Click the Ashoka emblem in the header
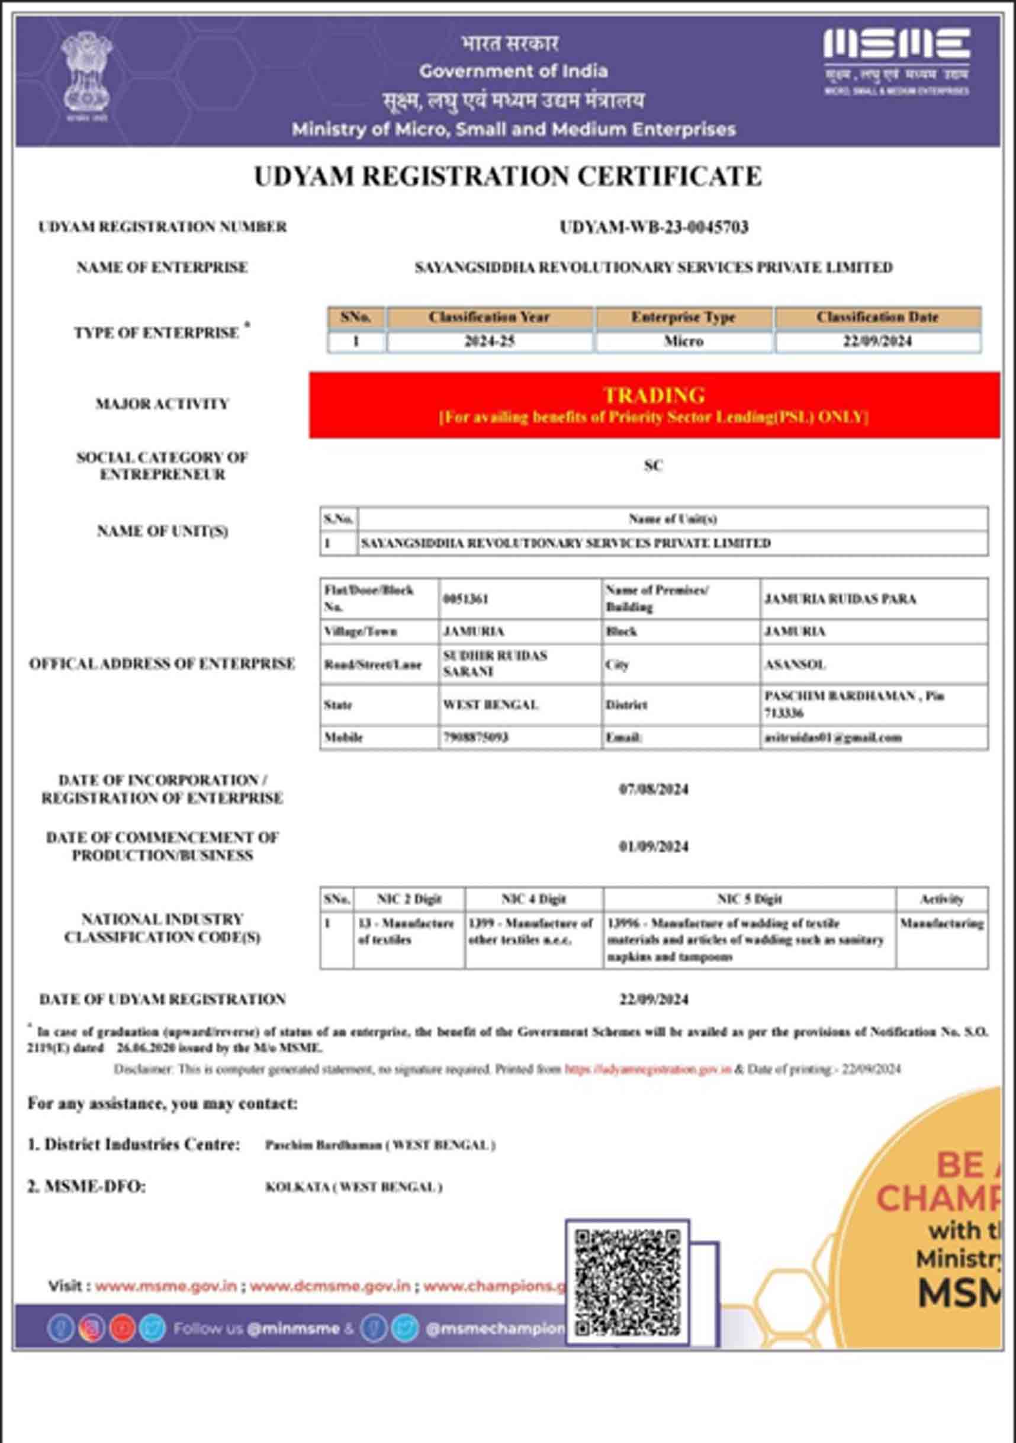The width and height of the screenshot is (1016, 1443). [86, 75]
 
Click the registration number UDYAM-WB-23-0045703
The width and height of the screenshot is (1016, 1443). [654, 227]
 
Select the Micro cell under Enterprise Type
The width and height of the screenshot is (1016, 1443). [684, 341]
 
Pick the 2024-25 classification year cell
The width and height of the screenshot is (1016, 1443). [490, 341]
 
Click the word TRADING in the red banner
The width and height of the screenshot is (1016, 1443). [654, 395]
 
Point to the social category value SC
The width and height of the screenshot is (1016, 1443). [654, 465]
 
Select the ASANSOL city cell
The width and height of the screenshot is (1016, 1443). [795, 664]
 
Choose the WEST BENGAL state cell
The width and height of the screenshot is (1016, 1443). [491, 704]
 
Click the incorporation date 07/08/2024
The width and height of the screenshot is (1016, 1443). [654, 789]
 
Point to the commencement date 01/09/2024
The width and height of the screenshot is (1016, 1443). [654, 846]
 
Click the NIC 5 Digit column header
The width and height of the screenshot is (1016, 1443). [750, 899]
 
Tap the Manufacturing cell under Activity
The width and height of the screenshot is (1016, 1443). [941, 923]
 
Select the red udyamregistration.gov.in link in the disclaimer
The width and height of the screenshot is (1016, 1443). [648, 1069]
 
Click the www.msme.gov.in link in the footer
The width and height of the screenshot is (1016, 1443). [166, 1286]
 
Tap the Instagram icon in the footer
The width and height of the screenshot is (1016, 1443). [92, 1329]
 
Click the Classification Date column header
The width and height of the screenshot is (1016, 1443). [877, 318]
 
